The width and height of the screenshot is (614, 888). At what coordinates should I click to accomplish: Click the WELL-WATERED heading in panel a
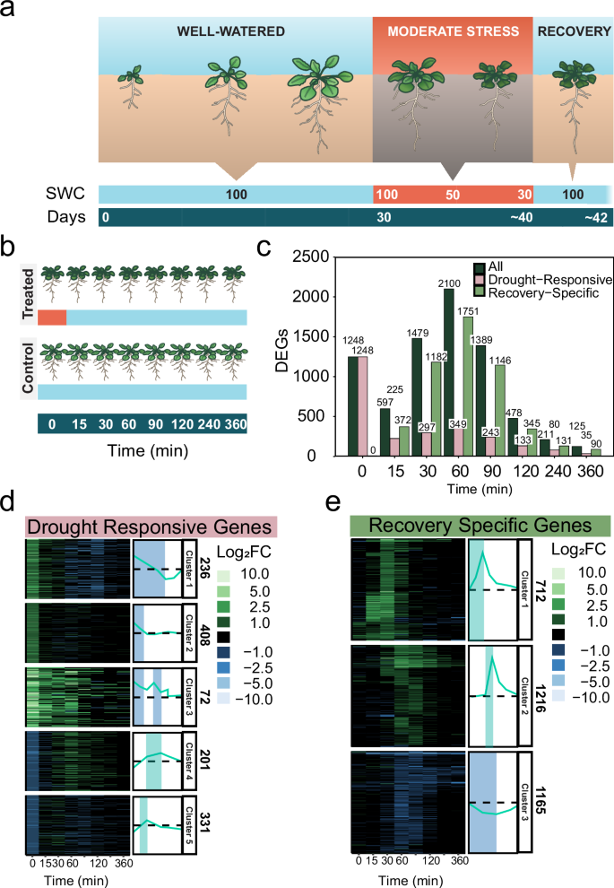[x=237, y=31]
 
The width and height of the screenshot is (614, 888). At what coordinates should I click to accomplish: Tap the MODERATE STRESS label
[x=453, y=31]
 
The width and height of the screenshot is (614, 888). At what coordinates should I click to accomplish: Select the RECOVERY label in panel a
[x=573, y=31]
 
